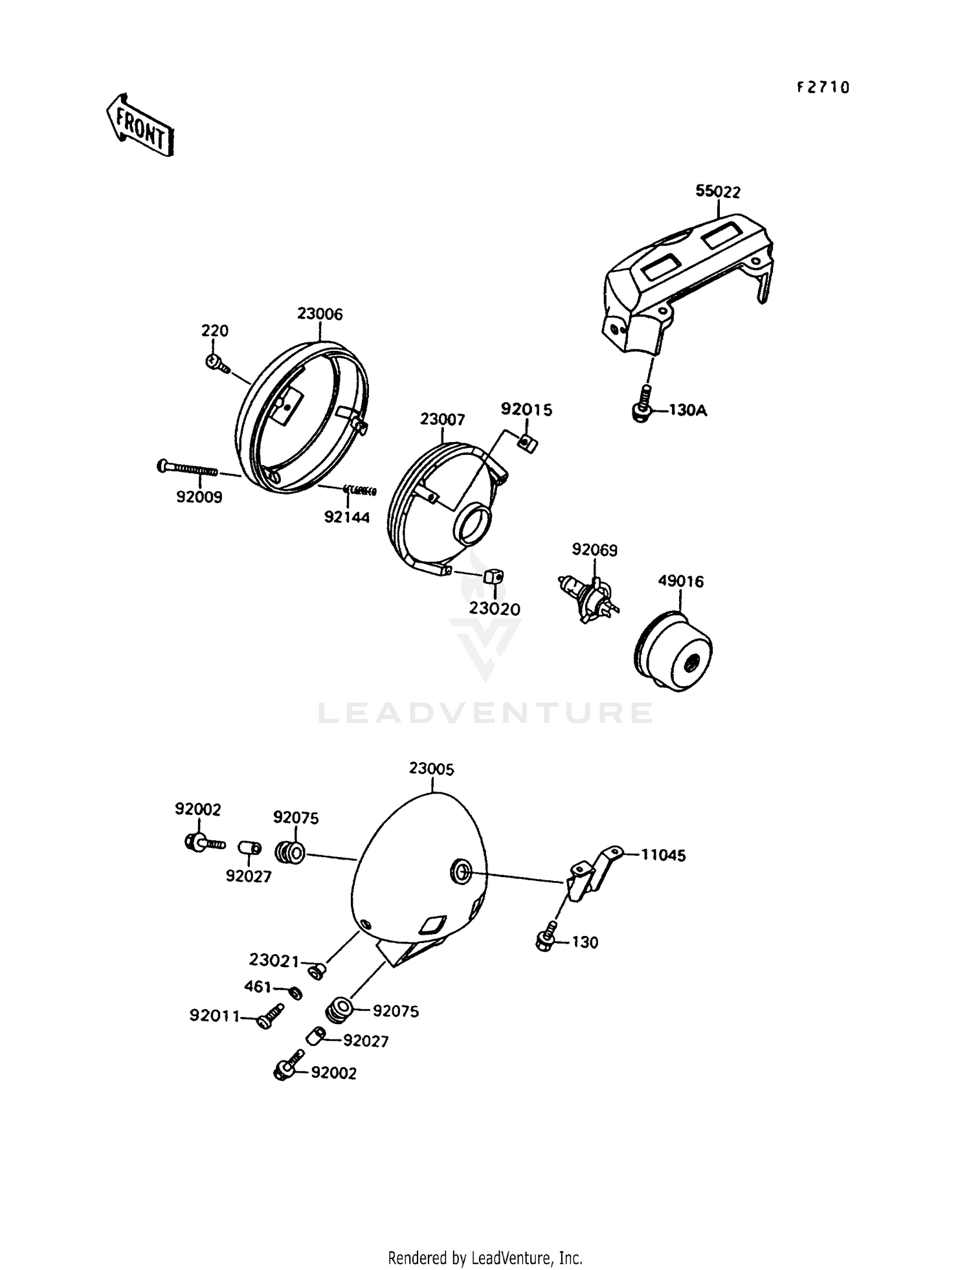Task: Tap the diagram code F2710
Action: (x=823, y=87)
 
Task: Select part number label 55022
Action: (x=718, y=192)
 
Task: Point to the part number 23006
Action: (x=320, y=314)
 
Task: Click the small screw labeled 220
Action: (x=217, y=364)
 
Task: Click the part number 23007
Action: (x=442, y=419)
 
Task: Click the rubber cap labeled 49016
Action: (x=673, y=650)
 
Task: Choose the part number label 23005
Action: (x=432, y=769)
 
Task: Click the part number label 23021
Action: (x=274, y=960)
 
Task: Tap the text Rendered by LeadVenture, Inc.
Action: (x=485, y=1258)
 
